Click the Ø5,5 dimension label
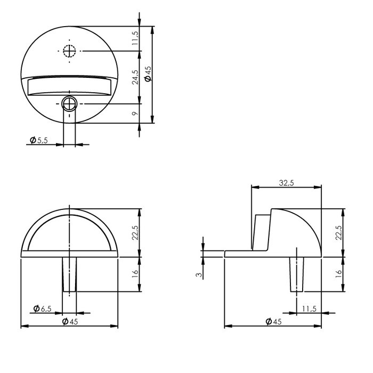tap(39, 140)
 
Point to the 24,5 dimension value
tap(135, 76)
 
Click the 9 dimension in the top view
tap(135, 113)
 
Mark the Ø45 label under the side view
tap(274, 321)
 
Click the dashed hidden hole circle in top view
tap(69, 51)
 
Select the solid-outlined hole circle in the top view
tap(69, 102)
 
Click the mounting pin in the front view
tap(70, 274)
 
